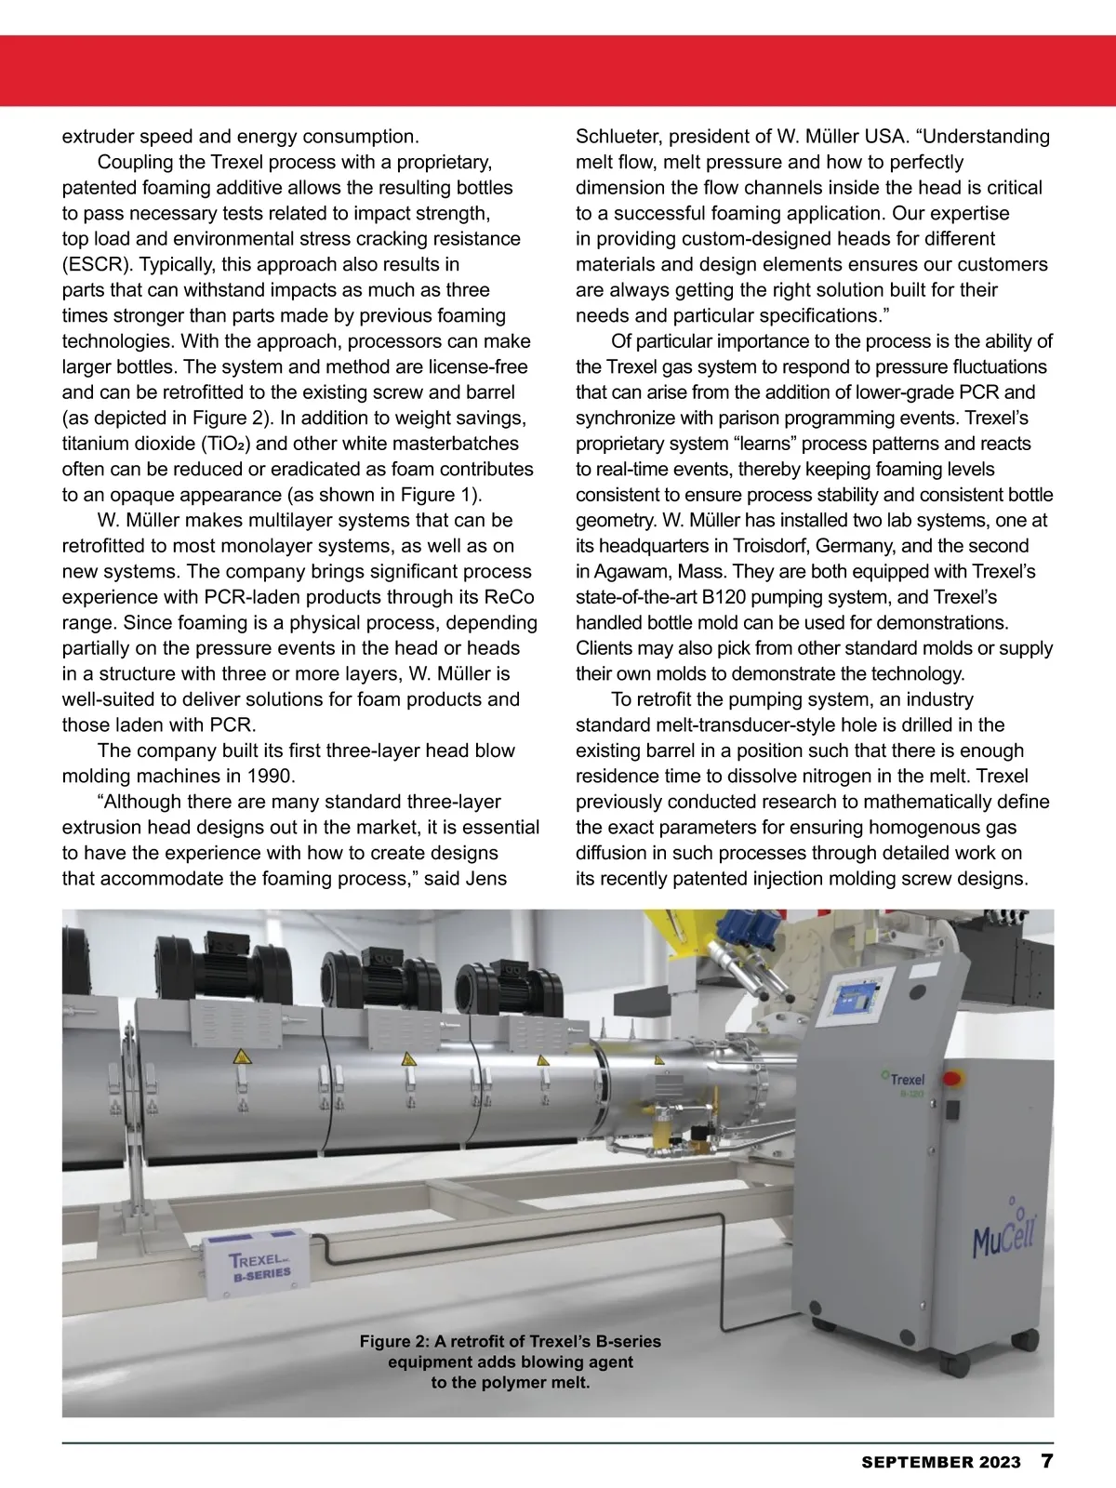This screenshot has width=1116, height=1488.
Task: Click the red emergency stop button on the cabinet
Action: click(951, 1079)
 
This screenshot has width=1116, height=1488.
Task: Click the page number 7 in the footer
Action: click(1047, 1461)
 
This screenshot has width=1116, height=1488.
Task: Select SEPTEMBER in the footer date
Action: click(917, 1462)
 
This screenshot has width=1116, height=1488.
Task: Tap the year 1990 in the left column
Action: click(271, 776)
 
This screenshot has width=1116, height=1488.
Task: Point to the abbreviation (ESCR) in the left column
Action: click(93, 264)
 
